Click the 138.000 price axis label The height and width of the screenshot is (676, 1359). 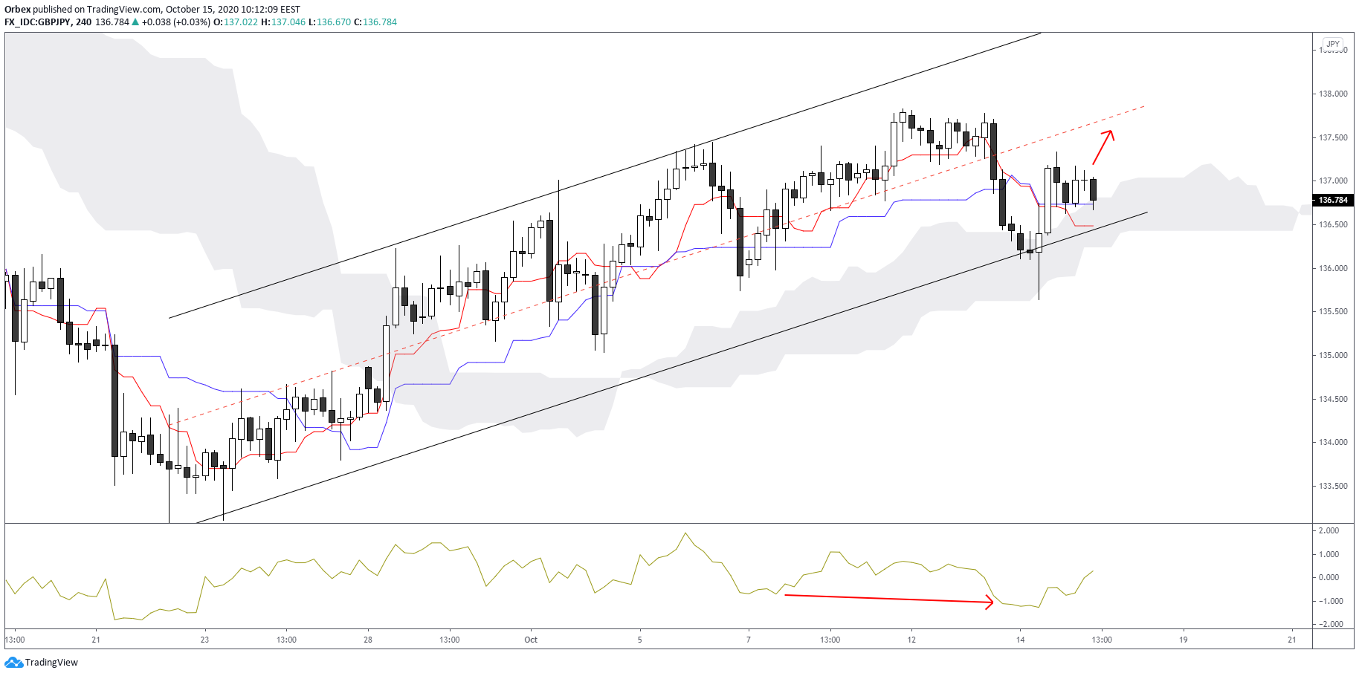pos(1333,94)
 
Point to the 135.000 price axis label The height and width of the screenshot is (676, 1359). pos(1333,355)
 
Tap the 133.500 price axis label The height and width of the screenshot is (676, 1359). pos(1333,486)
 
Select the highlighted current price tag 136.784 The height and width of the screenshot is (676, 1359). pos(1333,200)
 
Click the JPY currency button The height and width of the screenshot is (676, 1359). pos(1333,44)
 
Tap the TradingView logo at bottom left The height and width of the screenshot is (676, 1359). pos(42,662)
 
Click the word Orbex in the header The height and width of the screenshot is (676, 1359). pos(17,10)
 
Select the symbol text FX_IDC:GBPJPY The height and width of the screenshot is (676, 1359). pos(37,22)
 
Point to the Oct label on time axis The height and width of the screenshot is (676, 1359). pos(531,640)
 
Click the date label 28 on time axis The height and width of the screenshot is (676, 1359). pos(368,640)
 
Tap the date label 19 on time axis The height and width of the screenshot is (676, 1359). pos(1184,640)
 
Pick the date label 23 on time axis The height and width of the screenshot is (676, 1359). pos(205,640)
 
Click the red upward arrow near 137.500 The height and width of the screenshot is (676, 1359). pos(1103,147)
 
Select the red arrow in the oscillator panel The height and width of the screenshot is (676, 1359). pos(889,599)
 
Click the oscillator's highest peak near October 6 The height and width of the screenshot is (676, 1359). pos(685,533)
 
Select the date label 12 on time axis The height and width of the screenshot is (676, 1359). pos(911,640)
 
